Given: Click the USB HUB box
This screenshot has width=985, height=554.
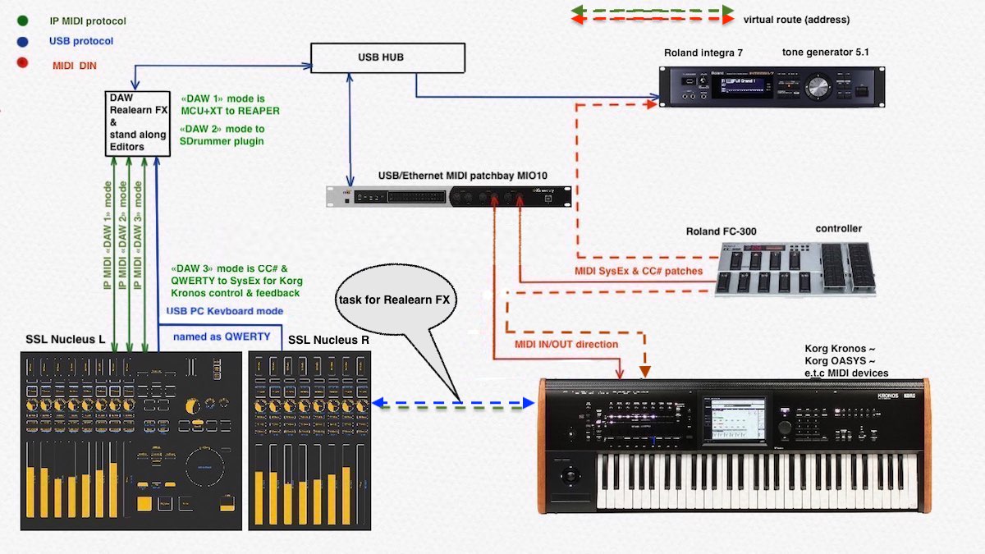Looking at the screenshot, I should tap(387, 57).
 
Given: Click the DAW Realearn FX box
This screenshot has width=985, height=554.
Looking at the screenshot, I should tap(131, 123).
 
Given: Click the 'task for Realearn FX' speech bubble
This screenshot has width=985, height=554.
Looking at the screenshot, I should tap(394, 300).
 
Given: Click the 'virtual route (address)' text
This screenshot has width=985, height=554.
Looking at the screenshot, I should tap(796, 20).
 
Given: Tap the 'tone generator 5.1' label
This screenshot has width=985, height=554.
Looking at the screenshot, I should tap(825, 53).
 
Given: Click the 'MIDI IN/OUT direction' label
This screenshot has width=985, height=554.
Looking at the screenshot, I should tap(566, 344).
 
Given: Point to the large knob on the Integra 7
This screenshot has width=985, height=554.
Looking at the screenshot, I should tap(817, 87).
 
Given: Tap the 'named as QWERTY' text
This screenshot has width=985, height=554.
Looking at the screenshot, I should tap(221, 336).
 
